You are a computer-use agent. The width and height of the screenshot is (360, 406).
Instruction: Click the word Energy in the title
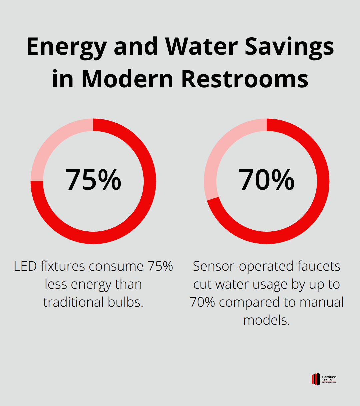(67, 47)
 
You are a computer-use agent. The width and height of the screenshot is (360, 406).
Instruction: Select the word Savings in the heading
(289, 47)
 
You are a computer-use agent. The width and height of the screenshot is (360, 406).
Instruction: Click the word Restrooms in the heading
(245, 79)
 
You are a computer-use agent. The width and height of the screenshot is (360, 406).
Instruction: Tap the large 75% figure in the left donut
(93, 180)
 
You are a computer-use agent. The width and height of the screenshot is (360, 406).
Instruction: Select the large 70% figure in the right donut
(266, 180)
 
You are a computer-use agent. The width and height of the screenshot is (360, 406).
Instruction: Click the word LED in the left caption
(25, 266)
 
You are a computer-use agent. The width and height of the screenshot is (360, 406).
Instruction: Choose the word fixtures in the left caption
(63, 266)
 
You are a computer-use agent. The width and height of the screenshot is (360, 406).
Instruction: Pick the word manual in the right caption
(322, 302)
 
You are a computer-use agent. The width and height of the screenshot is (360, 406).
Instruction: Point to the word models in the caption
(266, 320)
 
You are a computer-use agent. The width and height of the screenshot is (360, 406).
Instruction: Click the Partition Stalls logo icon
(315, 379)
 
